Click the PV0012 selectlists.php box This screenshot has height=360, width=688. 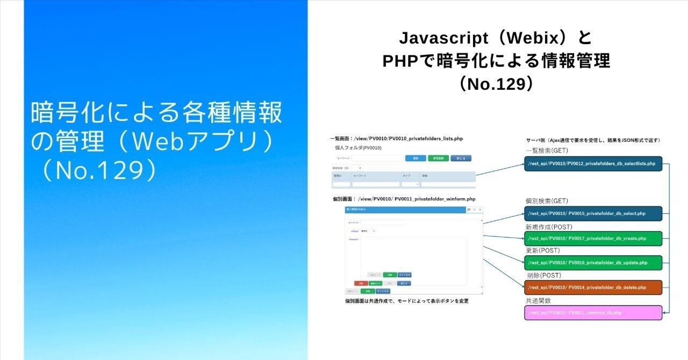593,163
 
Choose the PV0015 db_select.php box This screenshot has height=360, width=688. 593,213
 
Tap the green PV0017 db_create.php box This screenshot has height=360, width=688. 593,238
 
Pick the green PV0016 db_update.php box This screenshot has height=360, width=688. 593,262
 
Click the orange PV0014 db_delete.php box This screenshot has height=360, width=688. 593,287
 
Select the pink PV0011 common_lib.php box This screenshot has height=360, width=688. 593,312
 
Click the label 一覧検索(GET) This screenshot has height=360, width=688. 547,150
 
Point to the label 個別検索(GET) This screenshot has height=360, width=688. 547,201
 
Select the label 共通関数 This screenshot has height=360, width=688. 538,300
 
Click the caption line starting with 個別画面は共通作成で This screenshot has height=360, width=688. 406,301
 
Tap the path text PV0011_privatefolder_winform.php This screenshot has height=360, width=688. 434,199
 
